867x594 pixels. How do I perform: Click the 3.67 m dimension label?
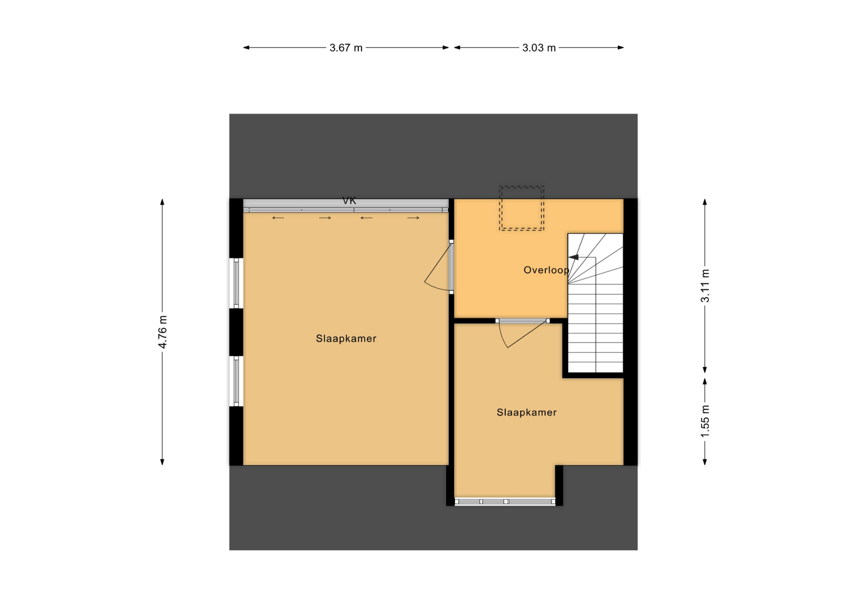click(x=346, y=48)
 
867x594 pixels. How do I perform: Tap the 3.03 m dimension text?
click(x=539, y=48)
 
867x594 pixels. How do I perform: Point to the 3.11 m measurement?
click(x=705, y=286)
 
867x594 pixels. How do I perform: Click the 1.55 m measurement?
click(x=705, y=421)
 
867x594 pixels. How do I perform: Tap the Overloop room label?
click(x=546, y=270)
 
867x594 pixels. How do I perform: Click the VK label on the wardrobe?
click(x=349, y=201)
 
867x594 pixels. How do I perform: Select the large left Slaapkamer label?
click(x=346, y=338)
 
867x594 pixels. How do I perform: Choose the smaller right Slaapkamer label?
click(x=526, y=412)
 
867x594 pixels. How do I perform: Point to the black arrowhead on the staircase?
click(x=573, y=257)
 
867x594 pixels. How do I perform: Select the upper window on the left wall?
click(x=236, y=283)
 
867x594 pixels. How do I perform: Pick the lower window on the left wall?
click(x=236, y=381)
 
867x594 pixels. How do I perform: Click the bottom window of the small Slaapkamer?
click(x=505, y=502)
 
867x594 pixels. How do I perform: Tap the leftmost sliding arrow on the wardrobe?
click(x=278, y=218)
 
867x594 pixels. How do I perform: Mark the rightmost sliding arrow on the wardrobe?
click(x=413, y=218)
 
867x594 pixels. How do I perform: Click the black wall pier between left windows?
click(x=236, y=332)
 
